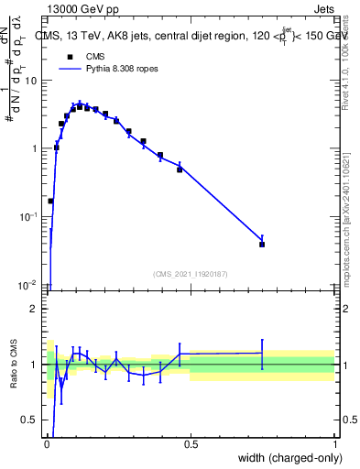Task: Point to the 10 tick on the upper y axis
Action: [32, 81]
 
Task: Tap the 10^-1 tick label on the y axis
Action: [30, 216]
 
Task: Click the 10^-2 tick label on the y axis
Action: [30, 285]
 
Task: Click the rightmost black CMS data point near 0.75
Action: [262, 245]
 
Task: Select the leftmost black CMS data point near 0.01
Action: [50, 201]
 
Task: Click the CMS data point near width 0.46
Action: [180, 169]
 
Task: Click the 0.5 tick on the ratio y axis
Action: [33, 420]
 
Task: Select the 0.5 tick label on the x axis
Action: [191, 445]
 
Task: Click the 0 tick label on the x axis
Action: [47, 445]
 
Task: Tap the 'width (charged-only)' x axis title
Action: [286, 459]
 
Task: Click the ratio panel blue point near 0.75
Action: [262, 353]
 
